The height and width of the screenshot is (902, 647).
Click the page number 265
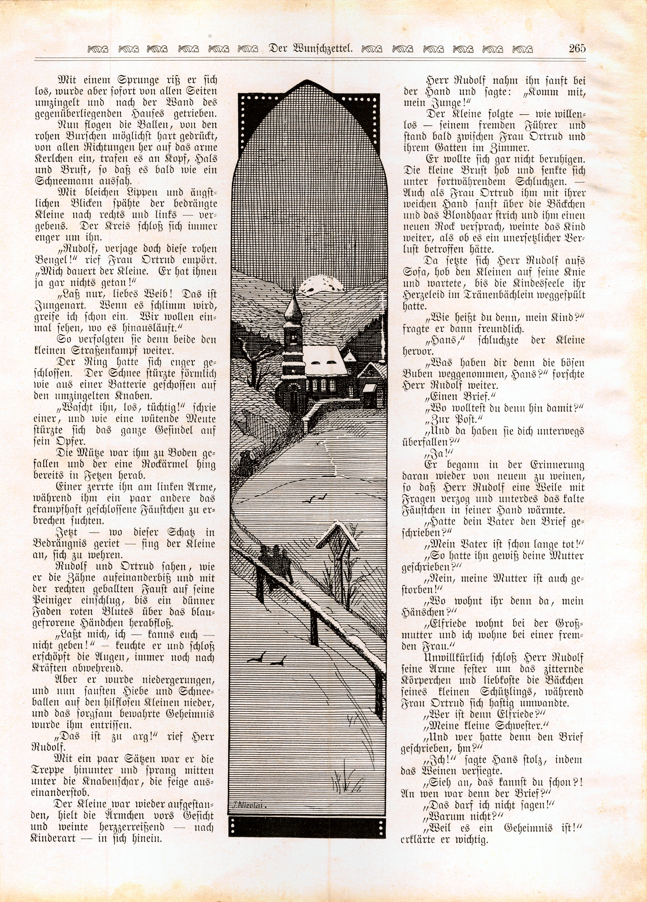tap(577, 48)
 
